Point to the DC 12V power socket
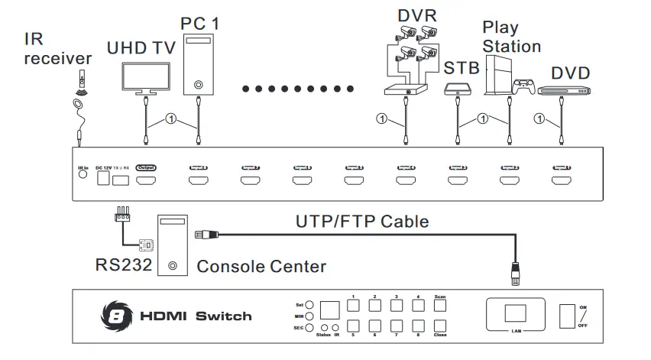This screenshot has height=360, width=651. click(102, 180)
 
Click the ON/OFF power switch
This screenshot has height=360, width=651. click(567, 316)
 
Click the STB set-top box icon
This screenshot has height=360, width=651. click(456, 90)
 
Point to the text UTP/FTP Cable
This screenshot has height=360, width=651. click(361, 222)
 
